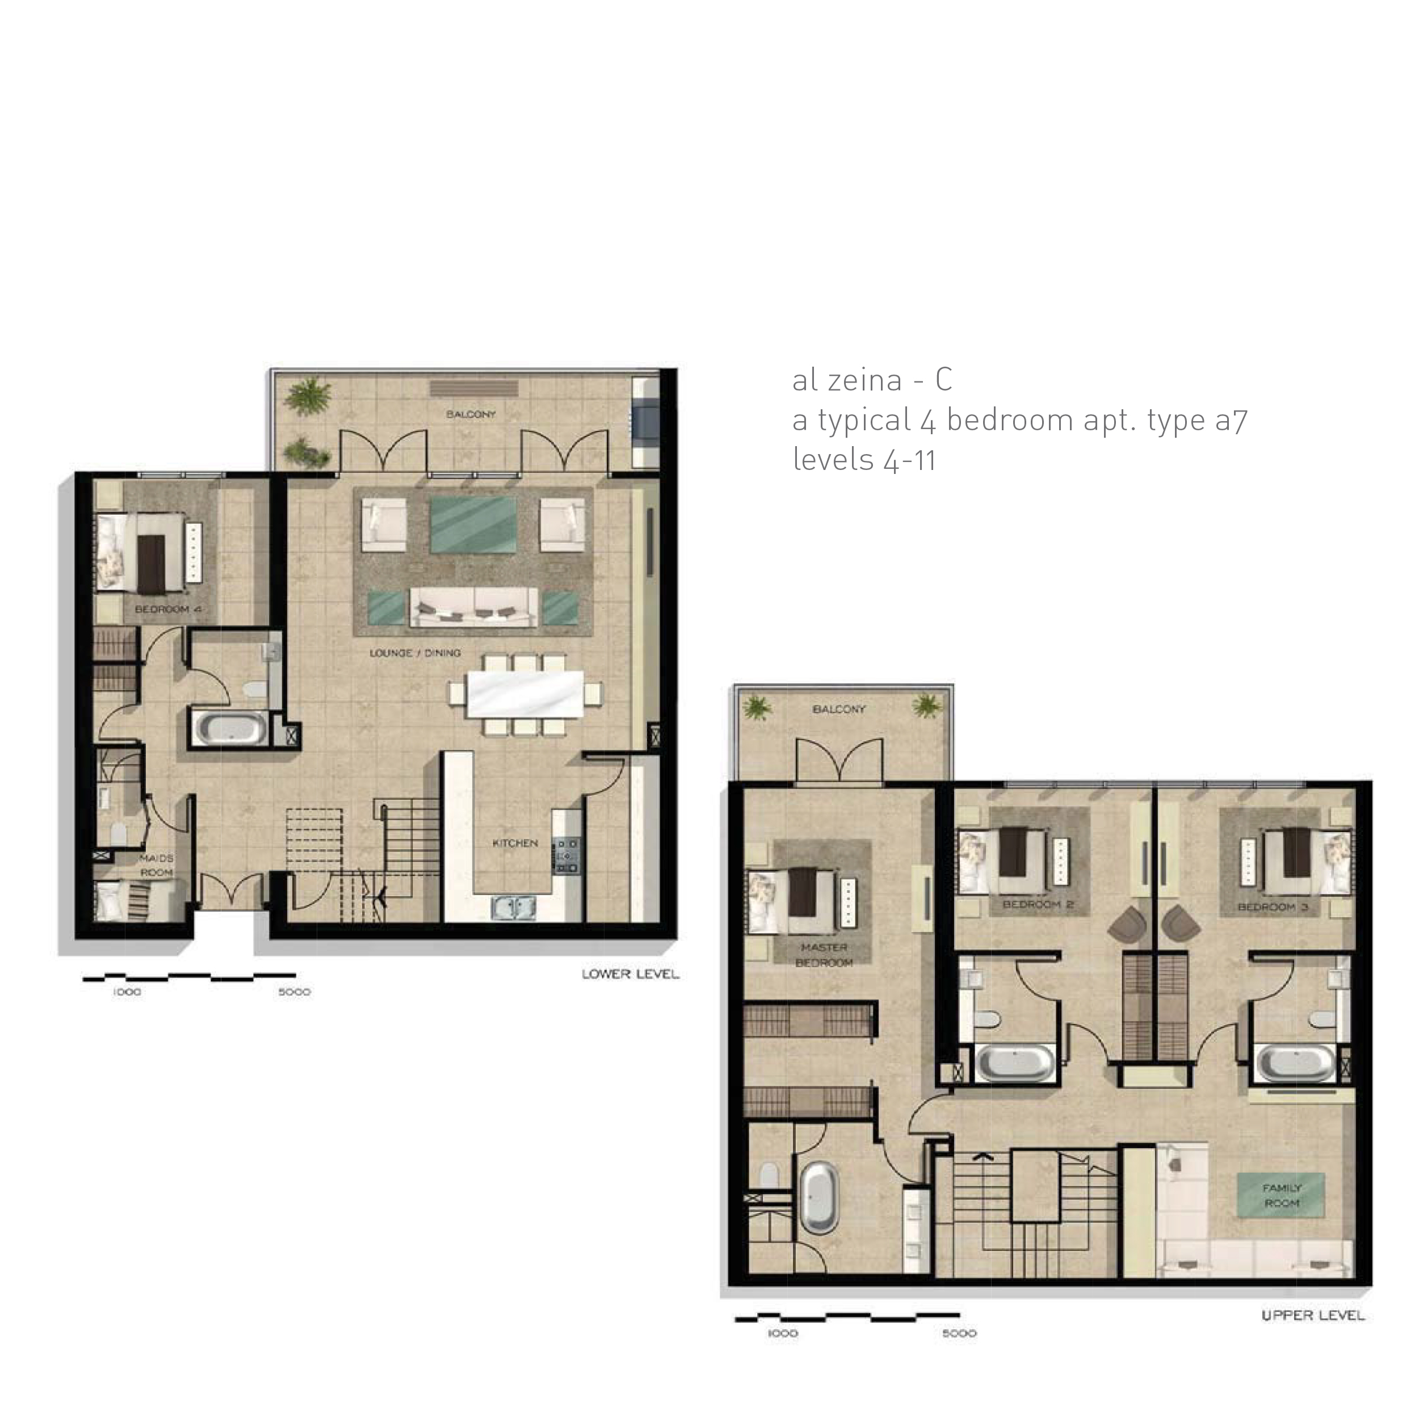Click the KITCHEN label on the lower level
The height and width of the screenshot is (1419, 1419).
pyautogui.click(x=515, y=843)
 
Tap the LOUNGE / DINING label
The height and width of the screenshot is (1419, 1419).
pyautogui.click(x=415, y=653)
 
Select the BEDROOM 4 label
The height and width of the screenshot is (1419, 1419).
pyautogui.click(x=167, y=610)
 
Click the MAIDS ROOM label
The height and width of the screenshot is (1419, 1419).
pyautogui.click(x=157, y=865)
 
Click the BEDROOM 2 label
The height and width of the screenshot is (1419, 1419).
pyautogui.click(x=1038, y=905)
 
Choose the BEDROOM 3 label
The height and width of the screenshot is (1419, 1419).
pyautogui.click(x=1273, y=907)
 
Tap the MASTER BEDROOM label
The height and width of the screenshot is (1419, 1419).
pyautogui.click(x=824, y=955)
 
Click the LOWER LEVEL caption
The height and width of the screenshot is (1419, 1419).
pyautogui.click(x=630, y=975)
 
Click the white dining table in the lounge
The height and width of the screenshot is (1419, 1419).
pyautogui.click(x=525, y=694)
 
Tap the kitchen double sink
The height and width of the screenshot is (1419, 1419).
pyautogui.click(x=514, y=909)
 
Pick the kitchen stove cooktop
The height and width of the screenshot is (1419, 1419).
pyautogui.click(x=566, y=856)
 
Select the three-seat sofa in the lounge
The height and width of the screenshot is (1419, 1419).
pyautogui.click(x=475, y=607)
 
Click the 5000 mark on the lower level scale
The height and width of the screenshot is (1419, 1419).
pyautogui.click(x=295, y=992)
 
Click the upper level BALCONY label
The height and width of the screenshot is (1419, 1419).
pyautogui.click(x=839, y=709)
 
